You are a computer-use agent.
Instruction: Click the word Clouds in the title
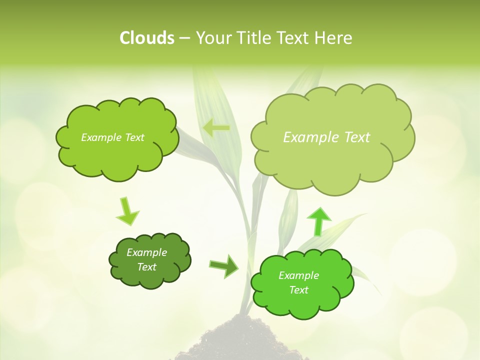147,38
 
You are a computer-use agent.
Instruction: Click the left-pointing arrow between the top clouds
216,128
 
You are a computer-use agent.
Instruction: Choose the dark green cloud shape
149,260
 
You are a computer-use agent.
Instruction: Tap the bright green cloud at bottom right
302,283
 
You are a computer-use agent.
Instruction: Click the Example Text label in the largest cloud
326,137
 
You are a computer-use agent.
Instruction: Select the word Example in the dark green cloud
146,252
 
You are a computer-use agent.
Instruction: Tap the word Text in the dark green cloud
146,267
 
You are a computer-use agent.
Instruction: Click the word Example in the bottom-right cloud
298,275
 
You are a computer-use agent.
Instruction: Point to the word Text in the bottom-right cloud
298,290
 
